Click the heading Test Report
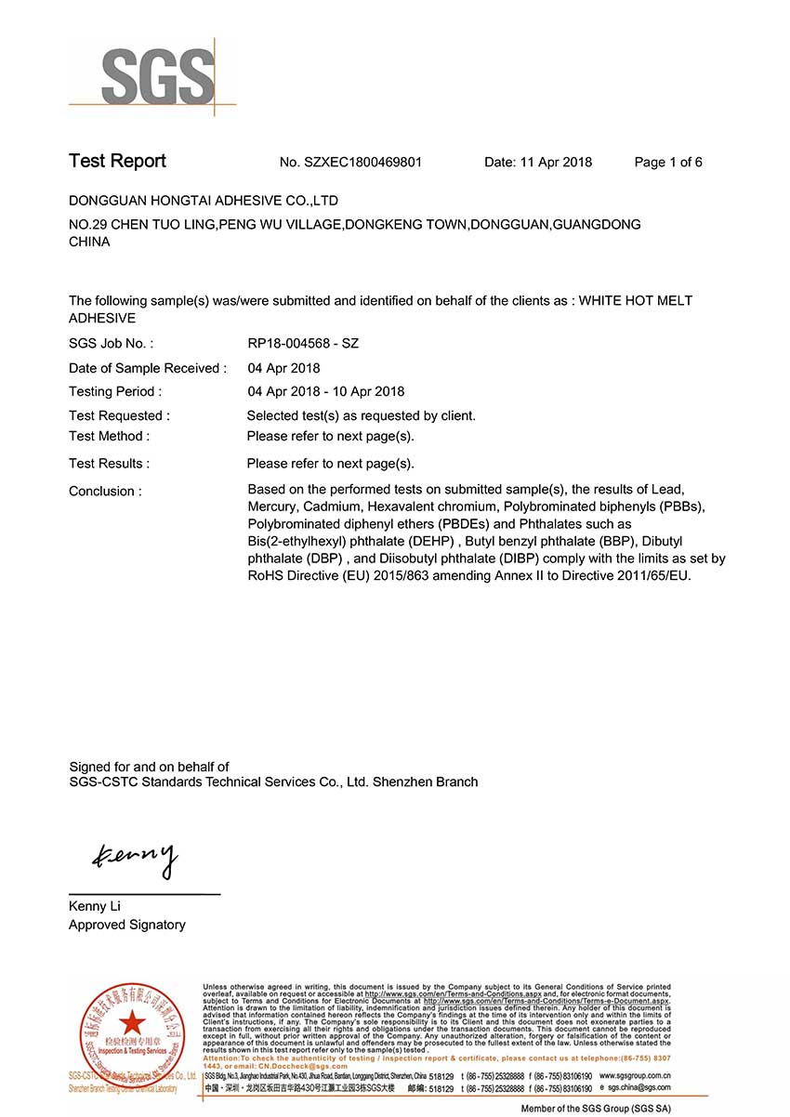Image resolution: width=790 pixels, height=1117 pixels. point(117,161)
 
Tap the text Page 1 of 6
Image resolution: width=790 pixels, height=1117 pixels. point(668,163)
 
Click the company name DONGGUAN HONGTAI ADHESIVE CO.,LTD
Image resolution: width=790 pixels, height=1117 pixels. point(204,201)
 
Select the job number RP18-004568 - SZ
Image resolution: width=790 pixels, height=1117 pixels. point(303,344)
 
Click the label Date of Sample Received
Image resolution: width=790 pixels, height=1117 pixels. point(147,369)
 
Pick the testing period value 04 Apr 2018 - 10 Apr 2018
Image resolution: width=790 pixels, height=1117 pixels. point(325,392)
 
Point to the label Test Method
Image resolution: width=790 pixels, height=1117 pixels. point(109,436)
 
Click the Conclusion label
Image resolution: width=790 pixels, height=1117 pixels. point(105,492)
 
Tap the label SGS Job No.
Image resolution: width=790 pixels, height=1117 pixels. point(111,344)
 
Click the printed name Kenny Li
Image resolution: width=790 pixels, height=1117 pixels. point(95,906)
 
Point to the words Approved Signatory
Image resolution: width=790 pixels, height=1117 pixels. point(126,925)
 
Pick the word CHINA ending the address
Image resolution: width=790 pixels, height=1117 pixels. point(89,242)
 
